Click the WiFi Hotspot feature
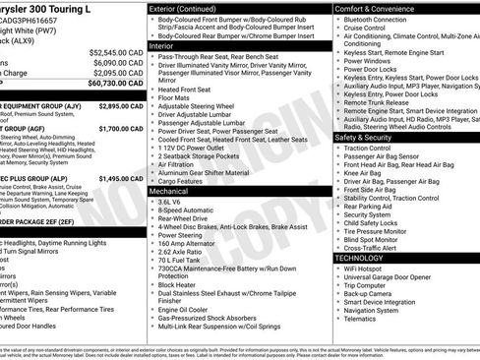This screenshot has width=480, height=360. pos(373,269)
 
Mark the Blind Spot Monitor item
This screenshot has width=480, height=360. pos(379,238)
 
